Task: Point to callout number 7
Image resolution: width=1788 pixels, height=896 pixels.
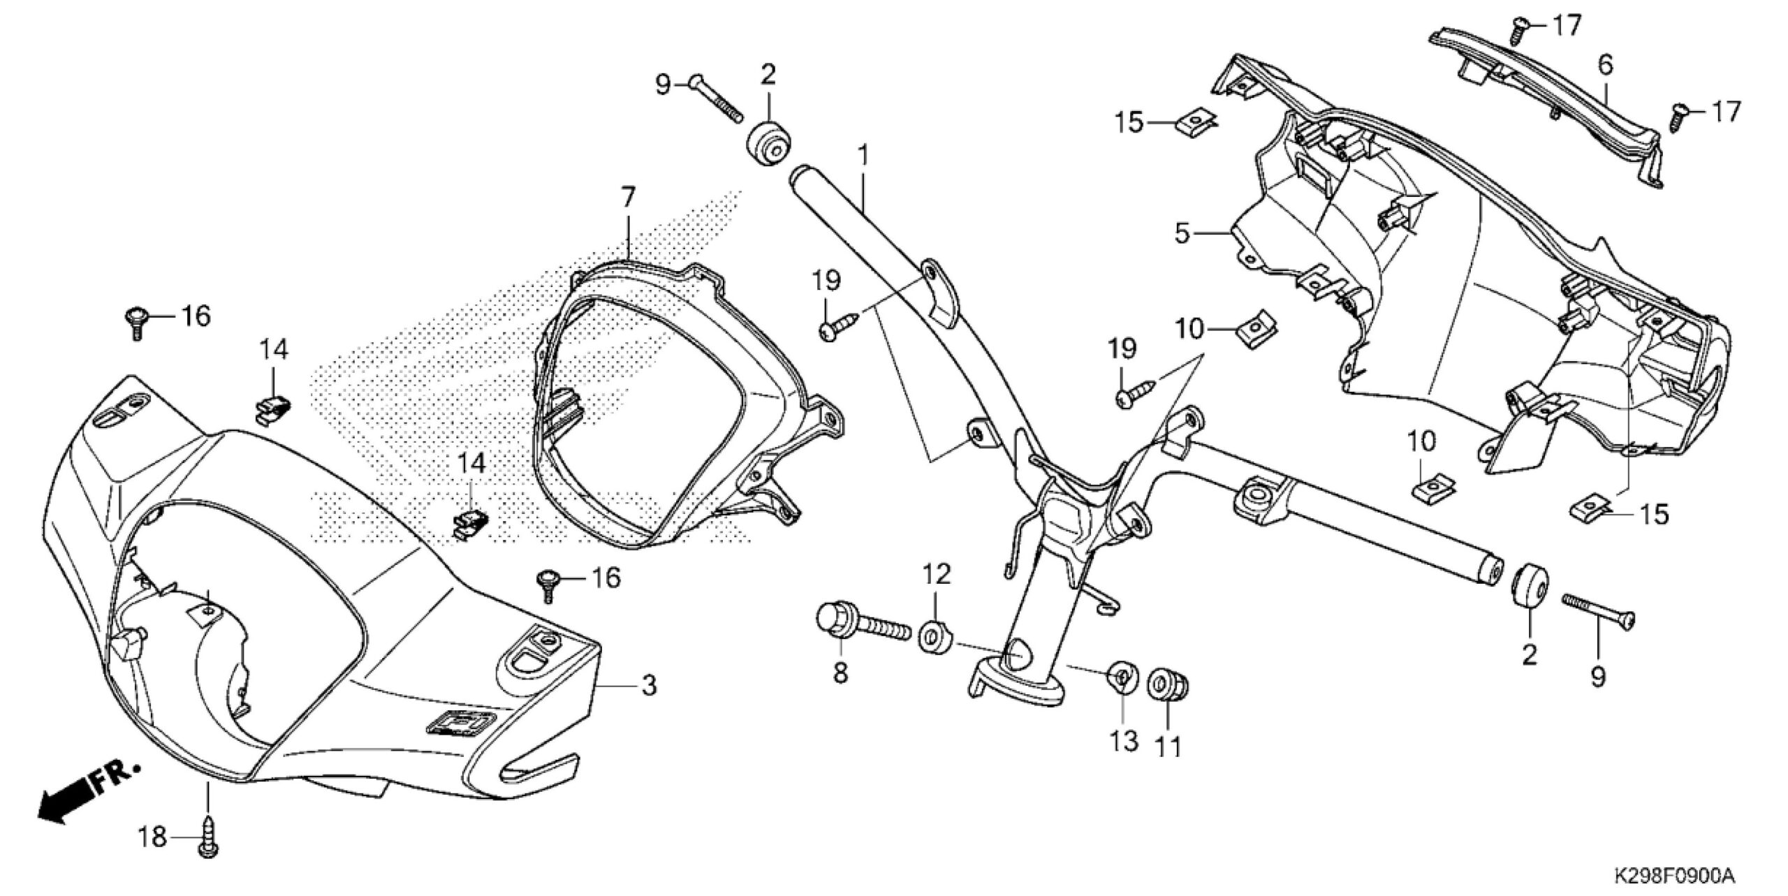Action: pyautogui.click(x=628, y=198)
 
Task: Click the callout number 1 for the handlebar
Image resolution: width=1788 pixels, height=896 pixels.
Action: pyautogui.click(x=863, y=154)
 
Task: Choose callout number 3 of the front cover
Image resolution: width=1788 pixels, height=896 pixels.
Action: pyautogui.click(x=649, y=685)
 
